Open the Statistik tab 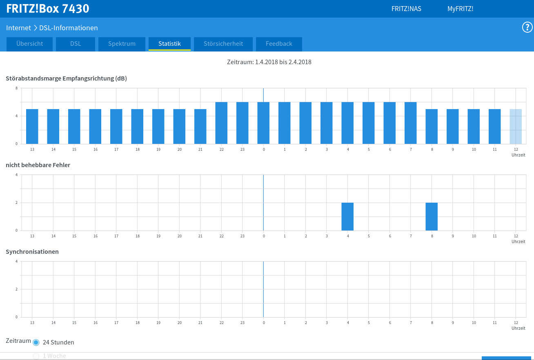(169, 44)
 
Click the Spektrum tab (122, 44)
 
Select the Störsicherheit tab (223, 44)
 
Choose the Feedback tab (279, 44)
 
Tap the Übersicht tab (29, 44)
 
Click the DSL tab (76, 44)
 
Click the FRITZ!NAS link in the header (406, 9)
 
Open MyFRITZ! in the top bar (461, 9)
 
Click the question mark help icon (527, 27)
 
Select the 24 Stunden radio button (36, 342)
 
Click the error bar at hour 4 (347, 217)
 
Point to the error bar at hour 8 (432, 217)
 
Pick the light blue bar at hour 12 (516, 126)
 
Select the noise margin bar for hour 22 (221, 123)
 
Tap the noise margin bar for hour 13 (32, 126)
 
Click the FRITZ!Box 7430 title (48, 9)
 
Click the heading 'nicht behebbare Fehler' (38, 165)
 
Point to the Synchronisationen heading (32, 252)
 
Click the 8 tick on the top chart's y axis (16, 88)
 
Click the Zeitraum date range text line (269, 62)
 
